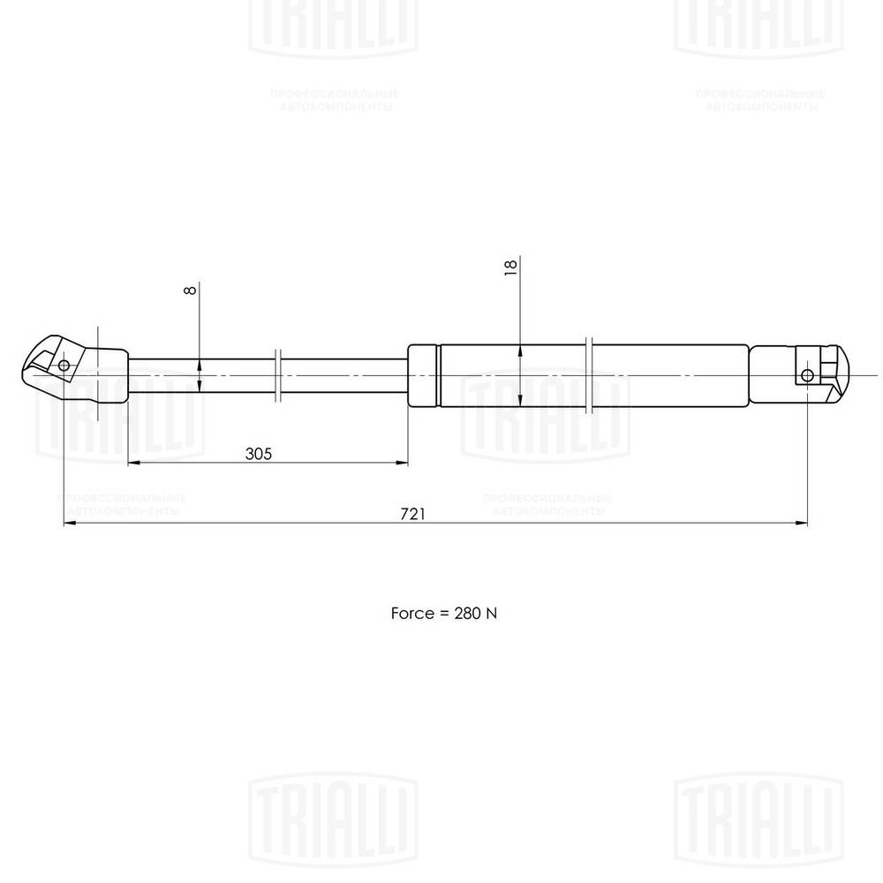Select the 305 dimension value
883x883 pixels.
coord(257,453)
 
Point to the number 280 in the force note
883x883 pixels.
coord(464,612)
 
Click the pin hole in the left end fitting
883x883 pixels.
coord(64,366)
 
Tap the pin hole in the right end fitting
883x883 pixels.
coord(807,375)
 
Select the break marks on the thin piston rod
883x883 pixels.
coord(279,375)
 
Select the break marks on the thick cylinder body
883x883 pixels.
coord(590,375)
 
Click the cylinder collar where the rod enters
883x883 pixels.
coord(423,375)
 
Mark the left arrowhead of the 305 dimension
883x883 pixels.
coord(133,463)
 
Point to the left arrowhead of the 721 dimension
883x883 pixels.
coord(70,524)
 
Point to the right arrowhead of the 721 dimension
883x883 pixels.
coord(802,524)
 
